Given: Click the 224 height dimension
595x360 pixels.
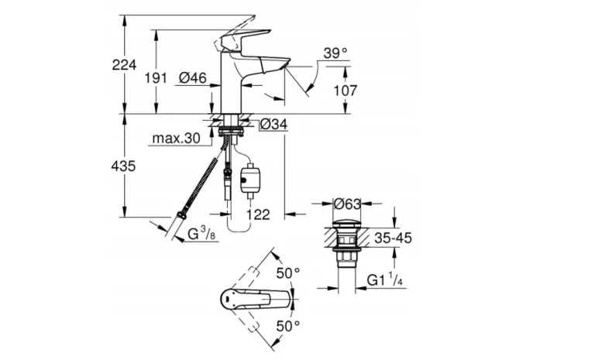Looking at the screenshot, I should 124,65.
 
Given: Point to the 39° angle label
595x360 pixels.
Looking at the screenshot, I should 335,53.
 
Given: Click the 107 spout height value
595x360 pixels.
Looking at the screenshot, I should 345,90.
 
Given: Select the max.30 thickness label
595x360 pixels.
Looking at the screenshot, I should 175,139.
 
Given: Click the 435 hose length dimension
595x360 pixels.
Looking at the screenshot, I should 124,166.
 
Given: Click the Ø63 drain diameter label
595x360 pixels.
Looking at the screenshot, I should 346,204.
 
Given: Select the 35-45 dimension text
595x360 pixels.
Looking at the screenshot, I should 391,238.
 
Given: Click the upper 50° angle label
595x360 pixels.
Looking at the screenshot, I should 288,272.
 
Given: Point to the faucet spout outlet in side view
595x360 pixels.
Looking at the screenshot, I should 278,70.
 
